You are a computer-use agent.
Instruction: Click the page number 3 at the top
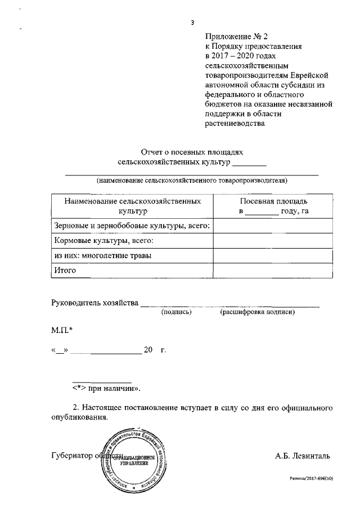tap(192, 22)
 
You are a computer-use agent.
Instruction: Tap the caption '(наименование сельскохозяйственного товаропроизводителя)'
tap(192, 181)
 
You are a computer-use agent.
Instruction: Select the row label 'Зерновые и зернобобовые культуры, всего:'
tap(132, 226)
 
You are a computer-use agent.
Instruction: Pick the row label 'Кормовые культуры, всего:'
tap(103, 241)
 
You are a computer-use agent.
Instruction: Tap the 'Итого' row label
tap(65, 270)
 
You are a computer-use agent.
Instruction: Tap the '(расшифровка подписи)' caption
tap(258, 312)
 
